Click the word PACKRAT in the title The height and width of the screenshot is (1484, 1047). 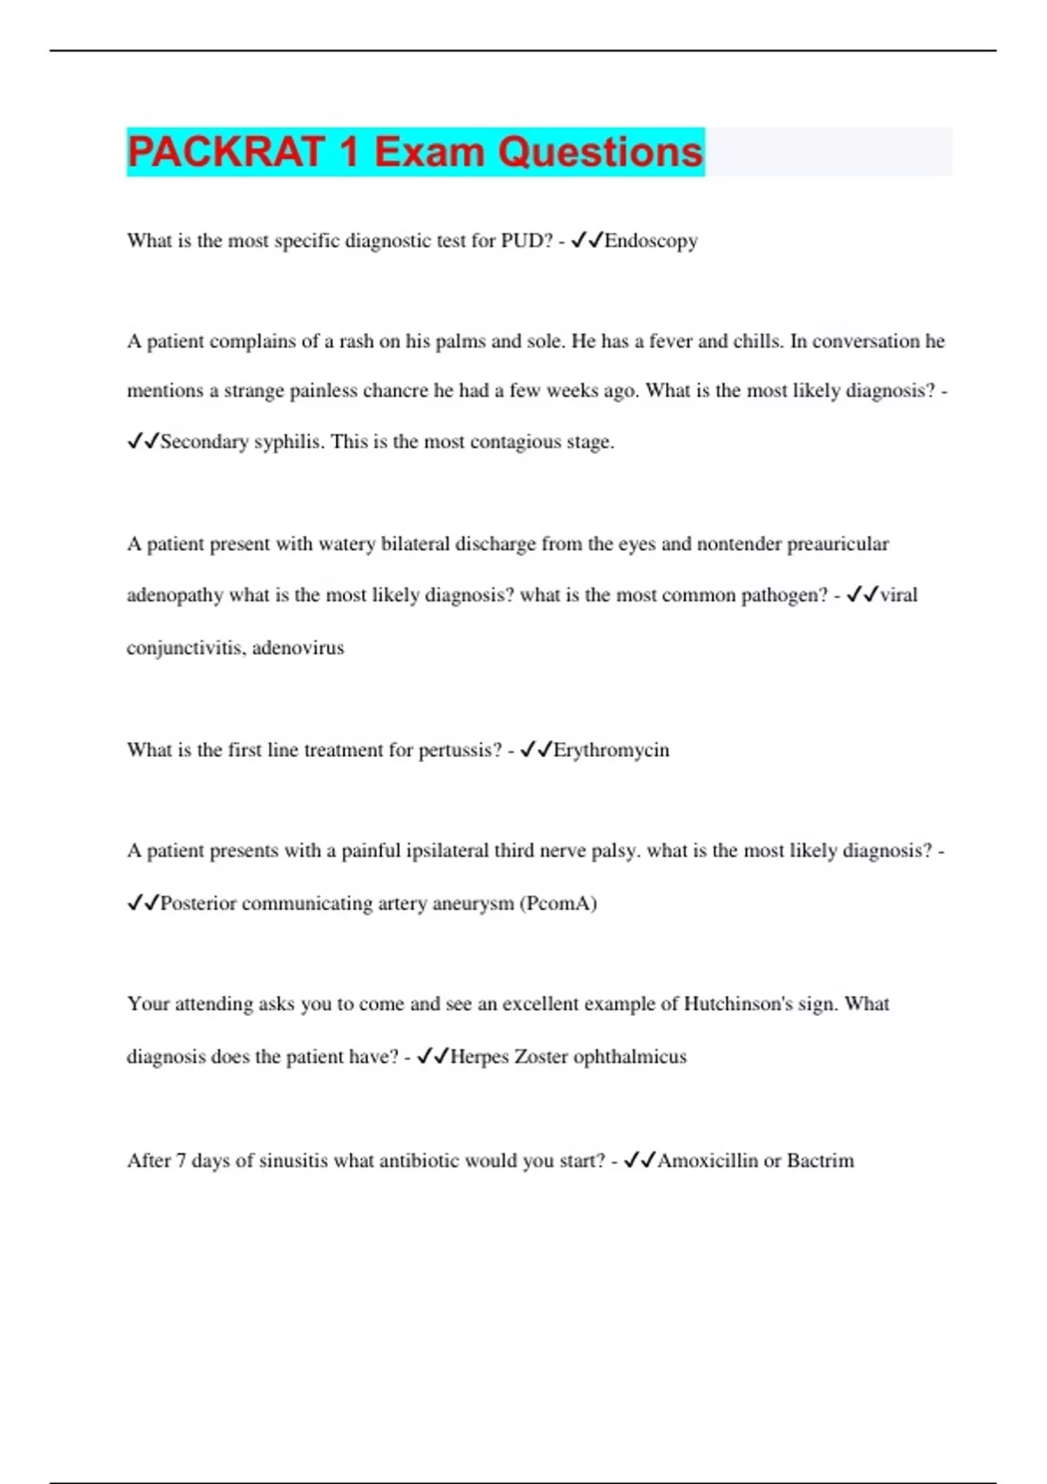click(226, 152)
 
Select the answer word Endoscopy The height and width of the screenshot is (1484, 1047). click(651, 241)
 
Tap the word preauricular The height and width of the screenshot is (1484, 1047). click(838, 545)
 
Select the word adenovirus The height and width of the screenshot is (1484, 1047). click(298, 648)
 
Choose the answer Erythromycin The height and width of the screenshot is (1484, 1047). click(612, 750)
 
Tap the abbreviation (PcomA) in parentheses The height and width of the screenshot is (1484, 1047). click(558, 903)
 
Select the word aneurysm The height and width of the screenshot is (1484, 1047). click(473, 903)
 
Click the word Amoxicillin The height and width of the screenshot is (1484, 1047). click(708, 1161)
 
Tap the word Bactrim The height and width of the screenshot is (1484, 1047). click(820, 1161)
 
